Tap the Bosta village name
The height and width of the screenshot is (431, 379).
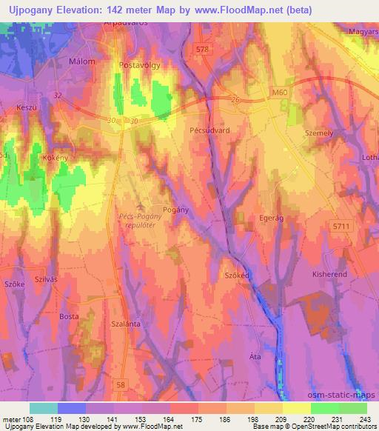pos(69,316)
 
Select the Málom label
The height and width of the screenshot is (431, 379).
pos(81,61)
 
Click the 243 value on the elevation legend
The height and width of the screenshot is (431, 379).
pos(366,418)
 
